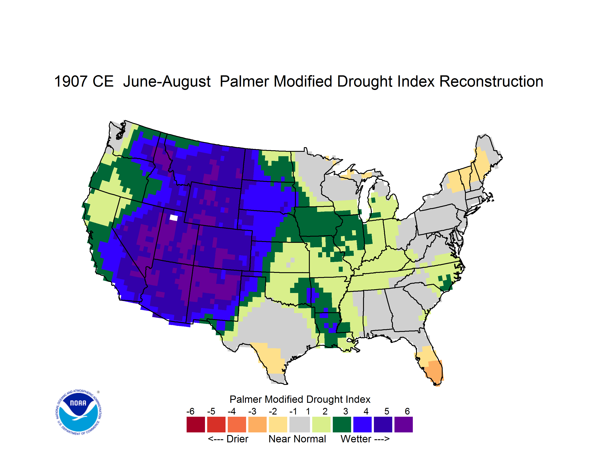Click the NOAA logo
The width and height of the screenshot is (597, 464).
[78, 412]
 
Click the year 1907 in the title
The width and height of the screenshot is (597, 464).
[71, 81]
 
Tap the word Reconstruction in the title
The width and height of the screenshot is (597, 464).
[491, 81]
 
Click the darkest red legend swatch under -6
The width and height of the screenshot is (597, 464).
[196, 424]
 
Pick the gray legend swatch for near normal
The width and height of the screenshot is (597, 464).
[300, 424]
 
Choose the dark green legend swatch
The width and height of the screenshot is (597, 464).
[342, 424]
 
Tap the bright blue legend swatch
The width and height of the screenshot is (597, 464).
[362, 424]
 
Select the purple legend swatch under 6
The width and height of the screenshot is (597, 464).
[404, 424]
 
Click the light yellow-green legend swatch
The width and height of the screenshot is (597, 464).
[321, 424]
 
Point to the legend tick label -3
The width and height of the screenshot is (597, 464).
[252, 411]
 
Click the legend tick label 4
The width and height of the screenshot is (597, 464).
[366, 411]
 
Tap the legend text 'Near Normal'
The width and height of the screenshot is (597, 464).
[297, 439]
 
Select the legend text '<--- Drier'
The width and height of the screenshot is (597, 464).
[228, 439]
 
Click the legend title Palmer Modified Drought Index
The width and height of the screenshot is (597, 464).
[300, 399]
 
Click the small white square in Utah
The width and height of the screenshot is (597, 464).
[174, 218]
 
